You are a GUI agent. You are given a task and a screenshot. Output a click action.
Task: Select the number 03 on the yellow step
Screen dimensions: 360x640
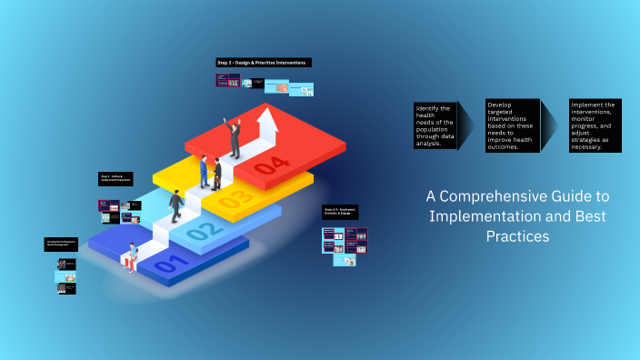(235, 199)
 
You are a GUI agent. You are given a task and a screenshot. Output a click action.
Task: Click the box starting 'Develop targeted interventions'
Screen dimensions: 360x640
(513, 125)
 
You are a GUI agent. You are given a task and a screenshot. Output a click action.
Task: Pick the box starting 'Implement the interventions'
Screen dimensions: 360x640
(595, 125)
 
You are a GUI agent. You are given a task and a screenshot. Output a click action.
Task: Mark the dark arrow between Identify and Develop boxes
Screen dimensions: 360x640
(468, 125)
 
